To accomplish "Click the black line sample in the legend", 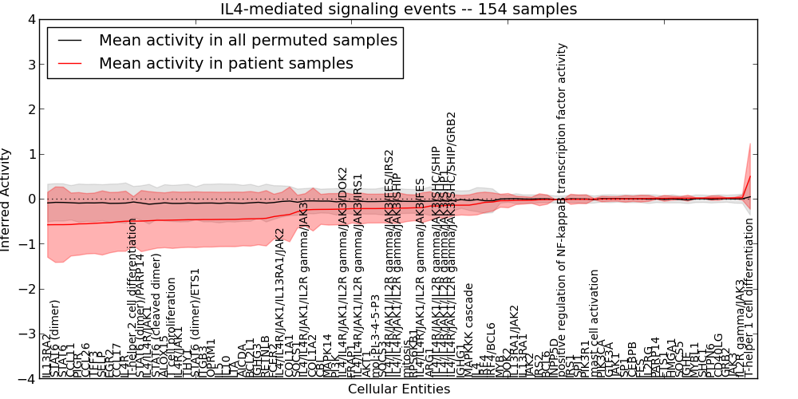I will tap(69, 39).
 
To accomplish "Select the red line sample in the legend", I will tap(69, 63).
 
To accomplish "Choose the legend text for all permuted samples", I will tap(247, 39).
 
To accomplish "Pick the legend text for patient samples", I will tap(226, 63).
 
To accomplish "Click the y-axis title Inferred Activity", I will tap(7, 199).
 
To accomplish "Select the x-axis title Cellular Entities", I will tap(398, 389).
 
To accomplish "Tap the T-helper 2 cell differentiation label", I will tap(132, 295).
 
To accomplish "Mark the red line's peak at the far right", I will tap(750, 176).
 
